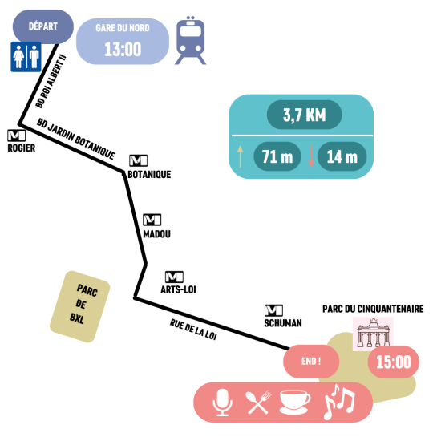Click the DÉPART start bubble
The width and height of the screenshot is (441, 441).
(43, 26)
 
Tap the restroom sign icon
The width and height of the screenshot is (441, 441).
(26, 57)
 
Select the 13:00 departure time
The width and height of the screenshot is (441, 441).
(123, 50)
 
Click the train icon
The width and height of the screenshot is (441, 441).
(190, 41)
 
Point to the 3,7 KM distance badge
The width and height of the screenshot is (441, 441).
(305, 115)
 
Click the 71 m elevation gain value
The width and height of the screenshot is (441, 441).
(277, 156)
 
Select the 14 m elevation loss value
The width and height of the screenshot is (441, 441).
(342, 156)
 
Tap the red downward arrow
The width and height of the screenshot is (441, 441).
(311, 156)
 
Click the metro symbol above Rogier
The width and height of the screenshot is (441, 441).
(17, 136)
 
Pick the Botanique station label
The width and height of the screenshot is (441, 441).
(149, 174)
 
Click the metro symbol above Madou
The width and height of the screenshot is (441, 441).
(152, 220)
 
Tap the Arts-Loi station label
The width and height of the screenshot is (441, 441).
(178, 289)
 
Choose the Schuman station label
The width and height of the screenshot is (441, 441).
(283, 323)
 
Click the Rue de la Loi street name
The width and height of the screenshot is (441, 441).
(193, 330)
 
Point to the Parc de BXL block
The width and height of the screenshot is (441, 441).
(80, 306)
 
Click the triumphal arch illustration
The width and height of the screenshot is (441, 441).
(373, 334)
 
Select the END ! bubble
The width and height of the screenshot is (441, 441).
(311, 362)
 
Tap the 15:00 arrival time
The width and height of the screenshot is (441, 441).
(394, 362)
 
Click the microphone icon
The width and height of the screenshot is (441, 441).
(222, 403)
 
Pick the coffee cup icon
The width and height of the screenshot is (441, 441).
(295, 403)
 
